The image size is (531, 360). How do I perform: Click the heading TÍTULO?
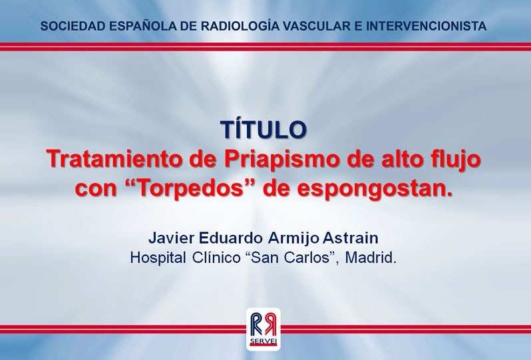point(264,129)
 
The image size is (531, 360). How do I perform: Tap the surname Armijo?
point(293,238)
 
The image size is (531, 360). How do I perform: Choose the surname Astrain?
point(350,238)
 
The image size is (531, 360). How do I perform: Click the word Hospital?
point(158,258)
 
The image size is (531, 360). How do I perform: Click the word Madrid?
point(371,258)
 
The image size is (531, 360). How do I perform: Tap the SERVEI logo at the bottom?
point(263,329)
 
